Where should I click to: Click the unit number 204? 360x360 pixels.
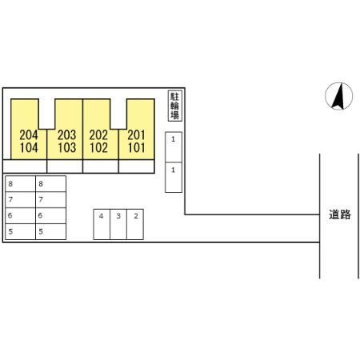coord(29,135)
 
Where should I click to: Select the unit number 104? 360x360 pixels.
coord(29,148)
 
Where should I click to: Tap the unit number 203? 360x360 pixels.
coord(66,135)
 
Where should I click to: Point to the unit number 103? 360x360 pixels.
coord(67,148)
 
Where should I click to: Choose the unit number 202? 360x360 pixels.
coord(98,135)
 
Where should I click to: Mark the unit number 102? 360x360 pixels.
coord(98,148)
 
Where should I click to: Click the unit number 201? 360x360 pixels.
coord(136,135)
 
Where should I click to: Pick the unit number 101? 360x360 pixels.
coord(137,148)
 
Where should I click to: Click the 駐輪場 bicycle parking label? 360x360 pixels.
coord(175,106)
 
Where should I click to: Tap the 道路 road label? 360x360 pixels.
coord(339,214)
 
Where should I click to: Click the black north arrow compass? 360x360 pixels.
coord(338,96)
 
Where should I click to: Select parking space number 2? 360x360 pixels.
coord(135,224)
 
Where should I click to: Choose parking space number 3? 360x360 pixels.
coord(118,224)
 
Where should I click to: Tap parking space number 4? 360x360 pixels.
coord(102,224)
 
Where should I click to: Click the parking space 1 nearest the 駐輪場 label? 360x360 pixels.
coord(174,147)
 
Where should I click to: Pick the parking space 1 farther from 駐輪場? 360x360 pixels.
coord(174,178)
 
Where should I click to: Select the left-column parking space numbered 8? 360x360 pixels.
coord(20,184)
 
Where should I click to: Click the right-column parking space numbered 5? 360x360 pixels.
coord(50,231)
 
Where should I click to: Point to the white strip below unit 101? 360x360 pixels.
coord(137,166)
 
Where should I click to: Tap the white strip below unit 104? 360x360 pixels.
coord(25,166)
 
